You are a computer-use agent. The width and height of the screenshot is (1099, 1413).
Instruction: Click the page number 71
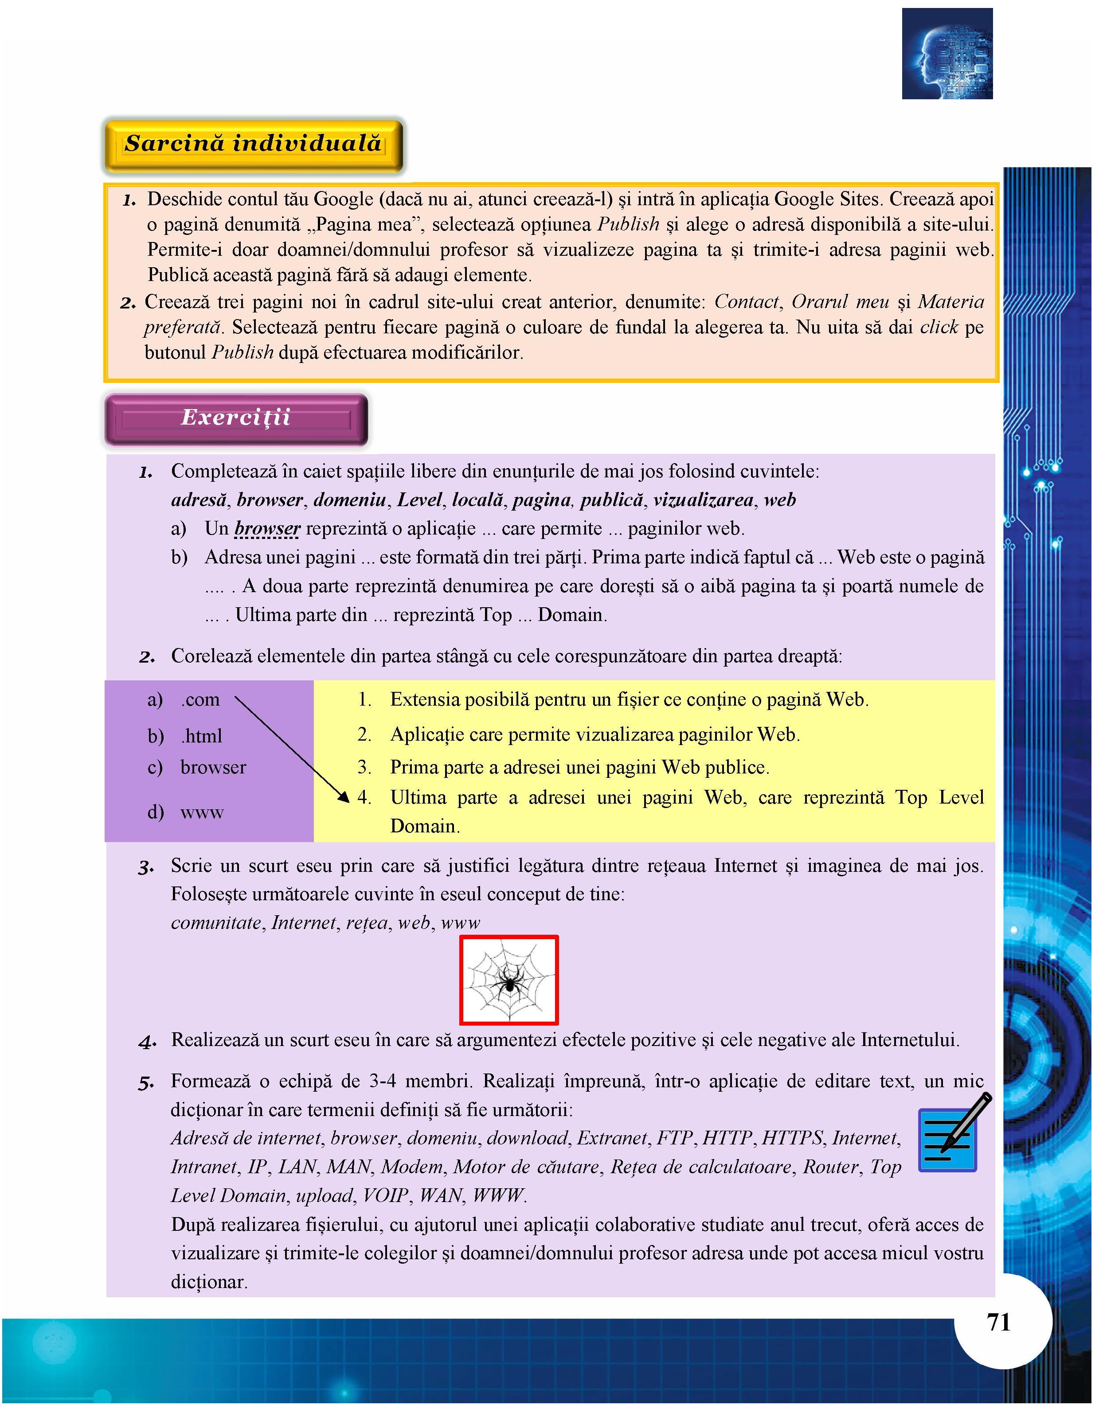(x=999, y=1323)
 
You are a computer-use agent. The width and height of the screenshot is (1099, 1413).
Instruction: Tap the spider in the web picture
(x=509, y=983)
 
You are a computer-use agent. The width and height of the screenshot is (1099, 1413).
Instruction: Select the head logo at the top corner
(x=947, y=54)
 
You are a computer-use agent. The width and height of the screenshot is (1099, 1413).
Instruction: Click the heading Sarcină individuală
(x=254, y=144)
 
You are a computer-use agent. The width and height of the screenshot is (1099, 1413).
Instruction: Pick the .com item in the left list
(x=201, y=700)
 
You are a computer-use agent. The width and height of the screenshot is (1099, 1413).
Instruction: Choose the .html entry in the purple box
(x=202, y=736)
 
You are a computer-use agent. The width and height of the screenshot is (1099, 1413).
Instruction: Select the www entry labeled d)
(x=202, y=812)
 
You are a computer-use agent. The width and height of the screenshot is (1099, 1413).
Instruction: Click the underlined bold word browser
(x=267, y=529)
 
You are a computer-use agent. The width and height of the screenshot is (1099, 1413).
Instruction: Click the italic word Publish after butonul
(x=242, y=353)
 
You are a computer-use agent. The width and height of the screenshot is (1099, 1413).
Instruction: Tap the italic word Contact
(x=746, y=302)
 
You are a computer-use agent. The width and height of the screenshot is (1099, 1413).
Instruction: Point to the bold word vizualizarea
(x=704, y=500)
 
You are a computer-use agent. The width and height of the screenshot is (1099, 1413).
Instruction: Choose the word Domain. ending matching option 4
(x=425, y=827)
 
